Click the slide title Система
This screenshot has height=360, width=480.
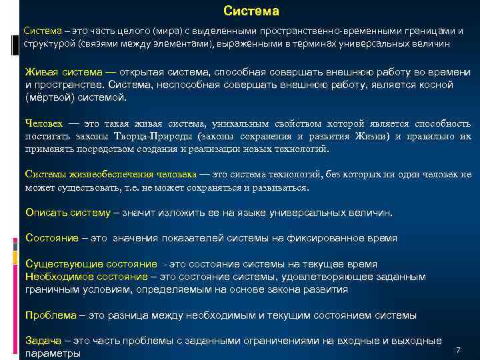(251, 11)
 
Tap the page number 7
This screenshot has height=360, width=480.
(458, 351)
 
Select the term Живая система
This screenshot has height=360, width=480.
(64, 72)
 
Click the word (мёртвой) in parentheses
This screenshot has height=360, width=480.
(52, 97)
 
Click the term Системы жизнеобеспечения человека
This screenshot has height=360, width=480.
(111, 175)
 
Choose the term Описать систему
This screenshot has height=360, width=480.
(68, 213)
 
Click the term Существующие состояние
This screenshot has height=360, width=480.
(91, 264)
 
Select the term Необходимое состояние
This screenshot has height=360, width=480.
(86, 277)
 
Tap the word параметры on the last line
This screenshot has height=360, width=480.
(53, 353)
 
